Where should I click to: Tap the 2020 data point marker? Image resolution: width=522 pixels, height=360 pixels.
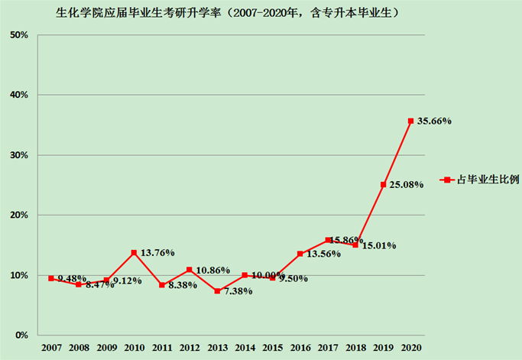click(410, 121)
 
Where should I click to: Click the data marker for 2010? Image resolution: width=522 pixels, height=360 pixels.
click(134, 252)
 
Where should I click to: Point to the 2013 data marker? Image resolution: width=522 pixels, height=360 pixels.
click(217, 291)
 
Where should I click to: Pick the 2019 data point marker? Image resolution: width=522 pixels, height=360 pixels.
click(383, 184)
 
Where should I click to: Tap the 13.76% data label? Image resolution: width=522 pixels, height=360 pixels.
click(157, 252)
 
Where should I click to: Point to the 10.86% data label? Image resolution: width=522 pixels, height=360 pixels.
click(213, 271)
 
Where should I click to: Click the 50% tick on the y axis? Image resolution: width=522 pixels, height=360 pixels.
click(20, 35)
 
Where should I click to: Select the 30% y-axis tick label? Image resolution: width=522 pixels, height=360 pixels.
click(20, 155)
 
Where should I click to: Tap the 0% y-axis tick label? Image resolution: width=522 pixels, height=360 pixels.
click(22, 335)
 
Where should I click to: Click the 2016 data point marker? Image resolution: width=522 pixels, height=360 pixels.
click(300, 254)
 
